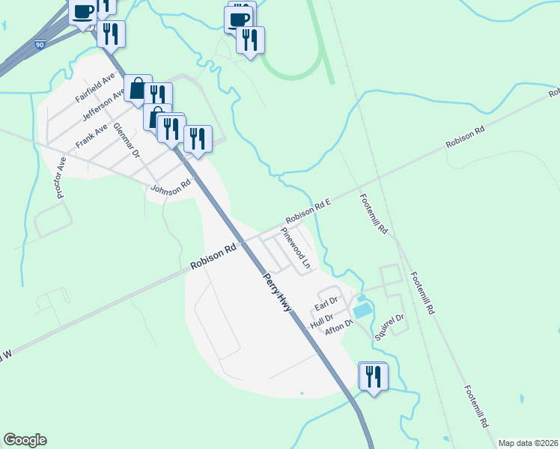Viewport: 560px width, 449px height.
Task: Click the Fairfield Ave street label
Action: click(95, 88)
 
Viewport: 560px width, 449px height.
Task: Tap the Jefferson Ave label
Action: click(103, 106)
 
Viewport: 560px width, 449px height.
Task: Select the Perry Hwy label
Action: click(276, 293)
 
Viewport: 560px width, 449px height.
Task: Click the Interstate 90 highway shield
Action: click(39, 45)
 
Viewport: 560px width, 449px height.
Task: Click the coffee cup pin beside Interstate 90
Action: click(82, 11)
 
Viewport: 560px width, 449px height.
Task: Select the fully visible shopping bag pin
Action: click(138, 89)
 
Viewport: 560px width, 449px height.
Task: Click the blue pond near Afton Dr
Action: click(362, 308)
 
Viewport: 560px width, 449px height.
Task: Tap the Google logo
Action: click(25, 440)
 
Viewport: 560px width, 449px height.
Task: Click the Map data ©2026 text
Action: click(527, 443)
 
